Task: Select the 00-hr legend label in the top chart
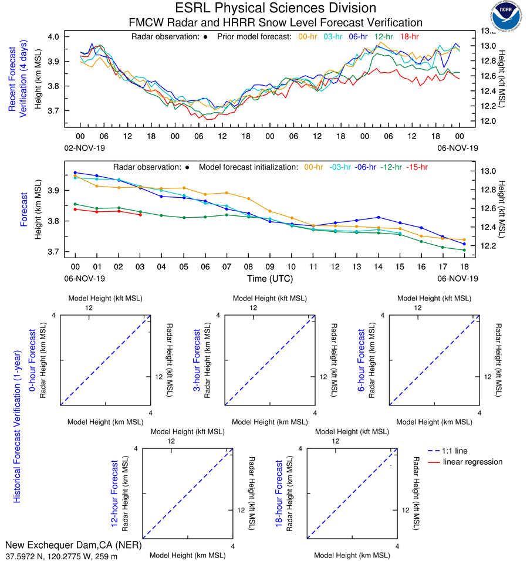(309, 36)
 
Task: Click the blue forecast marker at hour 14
(379, 217)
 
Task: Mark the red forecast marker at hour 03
(140, 215)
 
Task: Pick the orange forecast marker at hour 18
(464, 239)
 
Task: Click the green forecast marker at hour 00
(75, 204)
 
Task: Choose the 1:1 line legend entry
(455, 451)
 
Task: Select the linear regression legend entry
(472, 462)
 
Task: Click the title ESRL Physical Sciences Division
(276, 8)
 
